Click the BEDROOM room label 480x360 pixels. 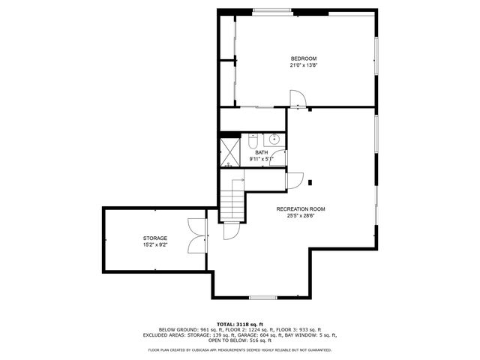[304, 58]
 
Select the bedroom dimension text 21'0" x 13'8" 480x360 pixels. [304, 65]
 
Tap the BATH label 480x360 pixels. [261, 153]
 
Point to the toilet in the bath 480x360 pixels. [254, 140]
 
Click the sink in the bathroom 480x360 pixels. [274, 139]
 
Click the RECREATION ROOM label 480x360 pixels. [300, 208]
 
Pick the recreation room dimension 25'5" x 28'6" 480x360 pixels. [300, 215]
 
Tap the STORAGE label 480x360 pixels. [155, 238]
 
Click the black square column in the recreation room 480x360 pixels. [310, 181]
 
